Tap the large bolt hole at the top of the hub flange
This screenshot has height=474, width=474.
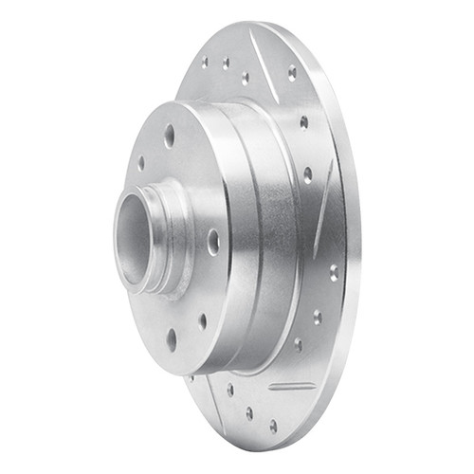[x=170, y=136]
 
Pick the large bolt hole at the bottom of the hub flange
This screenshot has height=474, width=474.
[x=172, y=338]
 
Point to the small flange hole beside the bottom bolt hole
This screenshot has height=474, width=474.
[x=202, y=321]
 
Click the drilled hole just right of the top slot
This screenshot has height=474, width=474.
[x=292, y=72]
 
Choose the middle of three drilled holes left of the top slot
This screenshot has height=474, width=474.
[x=226, y=64]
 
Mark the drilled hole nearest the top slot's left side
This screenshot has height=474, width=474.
[x=246, y=78]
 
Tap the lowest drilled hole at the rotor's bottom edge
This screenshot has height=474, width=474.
[x=272, y=426]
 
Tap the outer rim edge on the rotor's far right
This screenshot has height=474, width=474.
[x=355, y=237]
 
